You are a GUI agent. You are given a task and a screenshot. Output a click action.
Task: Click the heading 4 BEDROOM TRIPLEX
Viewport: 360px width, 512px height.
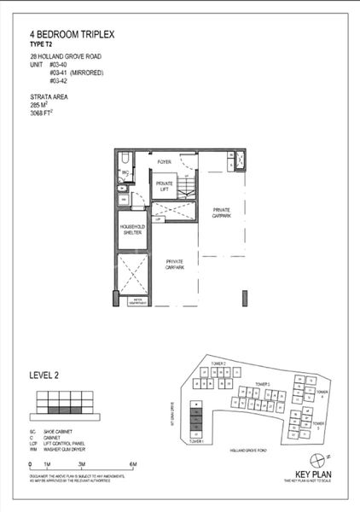tap(71, 34)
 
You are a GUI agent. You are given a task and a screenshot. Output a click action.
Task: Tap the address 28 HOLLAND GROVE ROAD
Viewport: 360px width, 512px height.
tap(64, 58)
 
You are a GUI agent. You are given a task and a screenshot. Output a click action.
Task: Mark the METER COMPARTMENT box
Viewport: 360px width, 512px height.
tap(136, 300)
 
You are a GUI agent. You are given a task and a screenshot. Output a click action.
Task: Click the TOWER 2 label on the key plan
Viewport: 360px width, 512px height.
tap(219, 364)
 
